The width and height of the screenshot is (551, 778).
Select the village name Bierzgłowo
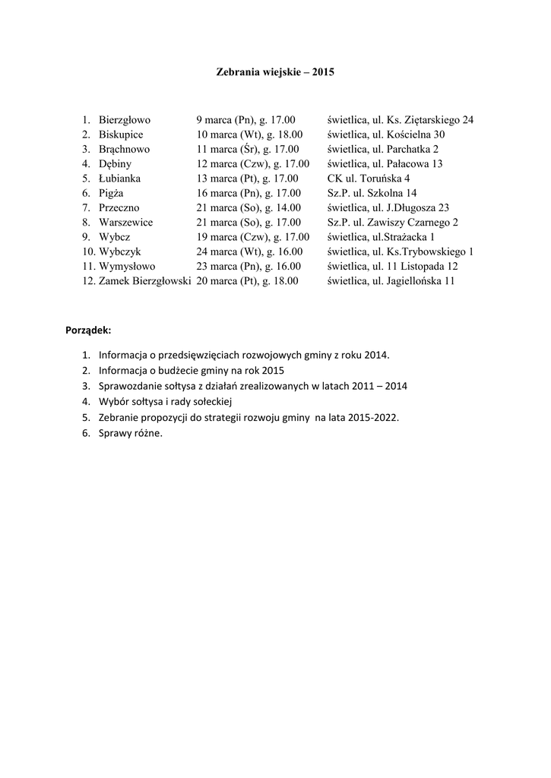tap(125, 120)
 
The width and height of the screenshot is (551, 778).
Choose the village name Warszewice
tap(125, 223)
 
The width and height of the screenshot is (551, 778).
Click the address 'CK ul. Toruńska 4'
tap(369, 179)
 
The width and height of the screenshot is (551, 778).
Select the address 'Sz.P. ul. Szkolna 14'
tap(372, 193)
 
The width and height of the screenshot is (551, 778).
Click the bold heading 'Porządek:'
tap(89, 330)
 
